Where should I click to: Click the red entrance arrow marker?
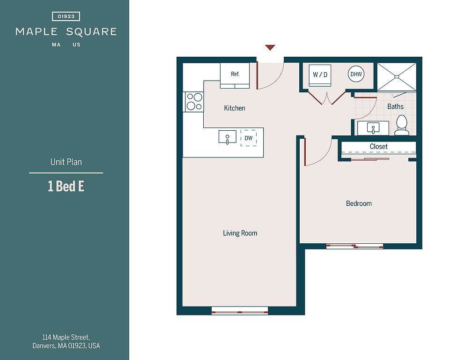(270, 47)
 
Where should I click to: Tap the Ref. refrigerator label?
(235, 74)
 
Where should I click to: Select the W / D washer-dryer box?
(320, 75)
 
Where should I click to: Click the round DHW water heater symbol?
(356, 74)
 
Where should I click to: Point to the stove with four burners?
(194, 102)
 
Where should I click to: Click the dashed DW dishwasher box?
(249, 138)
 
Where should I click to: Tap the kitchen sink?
(228, 137)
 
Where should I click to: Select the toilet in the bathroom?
(402, 125)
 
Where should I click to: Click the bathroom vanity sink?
(373, 128)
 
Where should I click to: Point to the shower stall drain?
(397, 76)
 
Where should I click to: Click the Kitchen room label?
(235, 108)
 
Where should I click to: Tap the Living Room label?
(240, 233)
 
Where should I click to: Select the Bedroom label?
(359, 203)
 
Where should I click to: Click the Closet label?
(378, 146)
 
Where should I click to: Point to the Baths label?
(395, 106)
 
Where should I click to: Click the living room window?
(240, 312)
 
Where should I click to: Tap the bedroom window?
(354, 247)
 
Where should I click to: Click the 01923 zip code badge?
(66, 16)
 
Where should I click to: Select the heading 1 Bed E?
(66, 187)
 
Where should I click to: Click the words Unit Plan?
(66, 162)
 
